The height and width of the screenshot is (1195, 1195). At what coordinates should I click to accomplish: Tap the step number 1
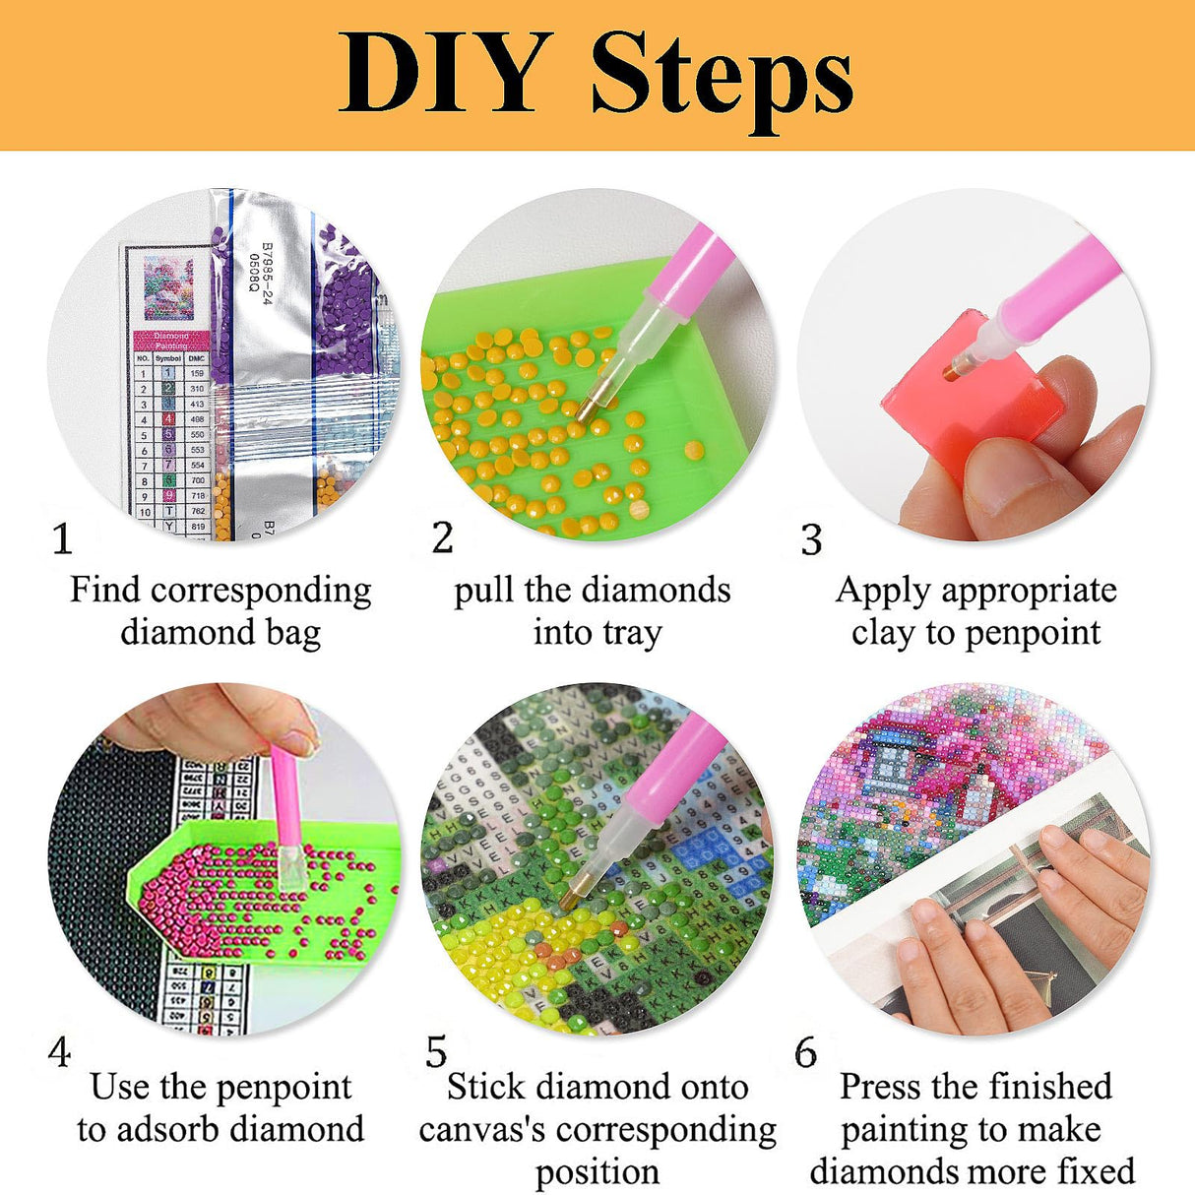(62, 539)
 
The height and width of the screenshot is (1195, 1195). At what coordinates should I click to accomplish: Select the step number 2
(442, 537)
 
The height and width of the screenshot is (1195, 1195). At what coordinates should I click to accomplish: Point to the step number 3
(811, 540)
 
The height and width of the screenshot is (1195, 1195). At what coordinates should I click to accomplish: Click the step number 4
(59, 1052)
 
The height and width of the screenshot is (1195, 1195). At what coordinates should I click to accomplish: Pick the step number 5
(436, 1052)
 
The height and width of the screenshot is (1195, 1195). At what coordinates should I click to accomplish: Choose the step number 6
(805, 1053)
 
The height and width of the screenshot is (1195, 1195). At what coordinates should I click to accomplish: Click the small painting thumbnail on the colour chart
(168, 287)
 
